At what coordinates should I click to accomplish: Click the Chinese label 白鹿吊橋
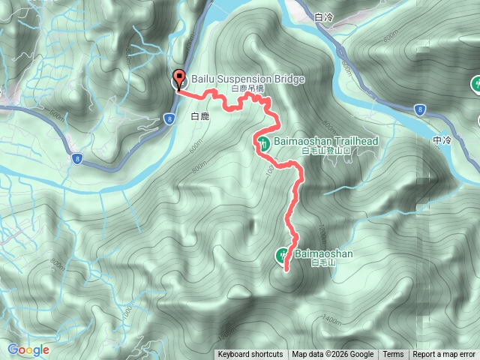pyautogui.click(x=248, y=88)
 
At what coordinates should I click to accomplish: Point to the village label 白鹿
pyautogui.click(x=199, y=117)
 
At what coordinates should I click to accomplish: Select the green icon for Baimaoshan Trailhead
pyautogui.click(x=263, y=142)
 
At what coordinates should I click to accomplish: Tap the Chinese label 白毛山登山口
pyautogui.click(x=326, y=151)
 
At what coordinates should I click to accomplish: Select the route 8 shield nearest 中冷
pyautogui.click(x=418, y=109)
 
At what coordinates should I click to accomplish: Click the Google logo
pyautogui.click(x=28, y=349)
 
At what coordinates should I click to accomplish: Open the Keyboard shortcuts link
pyautogui.click(x=250, y=355)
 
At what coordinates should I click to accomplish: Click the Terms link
pyautogui.click(x=393, y=355)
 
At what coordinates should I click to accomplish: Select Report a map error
pyautogui.click(x=445, y=355)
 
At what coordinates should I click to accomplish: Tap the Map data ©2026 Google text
pyautogui.click(x=333, y=355)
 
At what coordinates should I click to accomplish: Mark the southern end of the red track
pyautogui.click(x=286, y=269)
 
